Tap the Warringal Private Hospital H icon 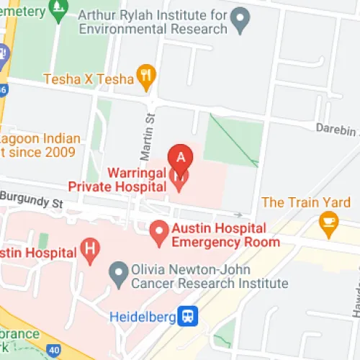click(179, 178)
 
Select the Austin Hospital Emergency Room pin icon click(160, 232)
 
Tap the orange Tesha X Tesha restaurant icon click(147, 78)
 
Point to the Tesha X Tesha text click(89, 78)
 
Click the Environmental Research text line click(154, 29)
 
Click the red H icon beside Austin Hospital click(89, 251)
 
